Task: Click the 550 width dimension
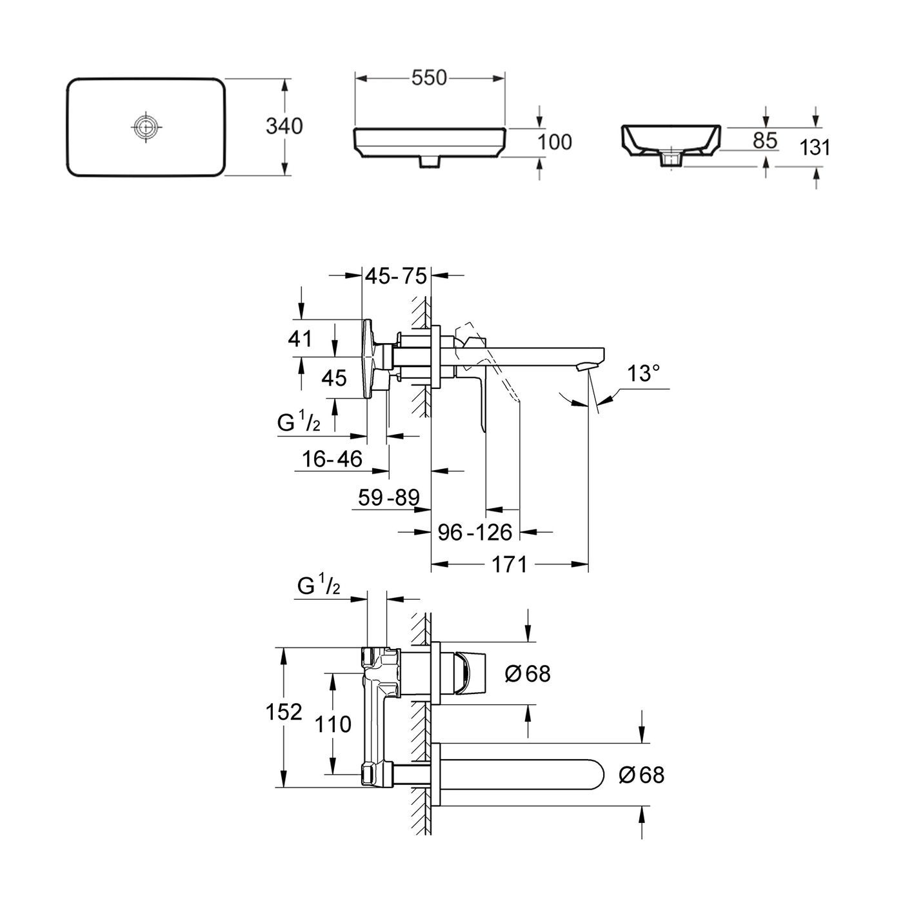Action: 429,78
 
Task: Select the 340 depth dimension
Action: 284,126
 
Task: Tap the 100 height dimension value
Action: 554,143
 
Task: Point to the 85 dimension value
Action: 765,141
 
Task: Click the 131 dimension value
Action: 815,148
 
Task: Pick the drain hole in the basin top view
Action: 146,126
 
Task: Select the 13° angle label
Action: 644,373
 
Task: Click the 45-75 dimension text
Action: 396,276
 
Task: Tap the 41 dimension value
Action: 300,339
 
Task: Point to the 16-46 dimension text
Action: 332,459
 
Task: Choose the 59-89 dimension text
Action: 388,497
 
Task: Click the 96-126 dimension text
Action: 475,532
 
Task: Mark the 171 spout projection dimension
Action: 510,564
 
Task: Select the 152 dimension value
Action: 284,712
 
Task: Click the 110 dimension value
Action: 333,724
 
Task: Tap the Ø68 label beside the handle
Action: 528,674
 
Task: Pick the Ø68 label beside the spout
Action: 642,775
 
